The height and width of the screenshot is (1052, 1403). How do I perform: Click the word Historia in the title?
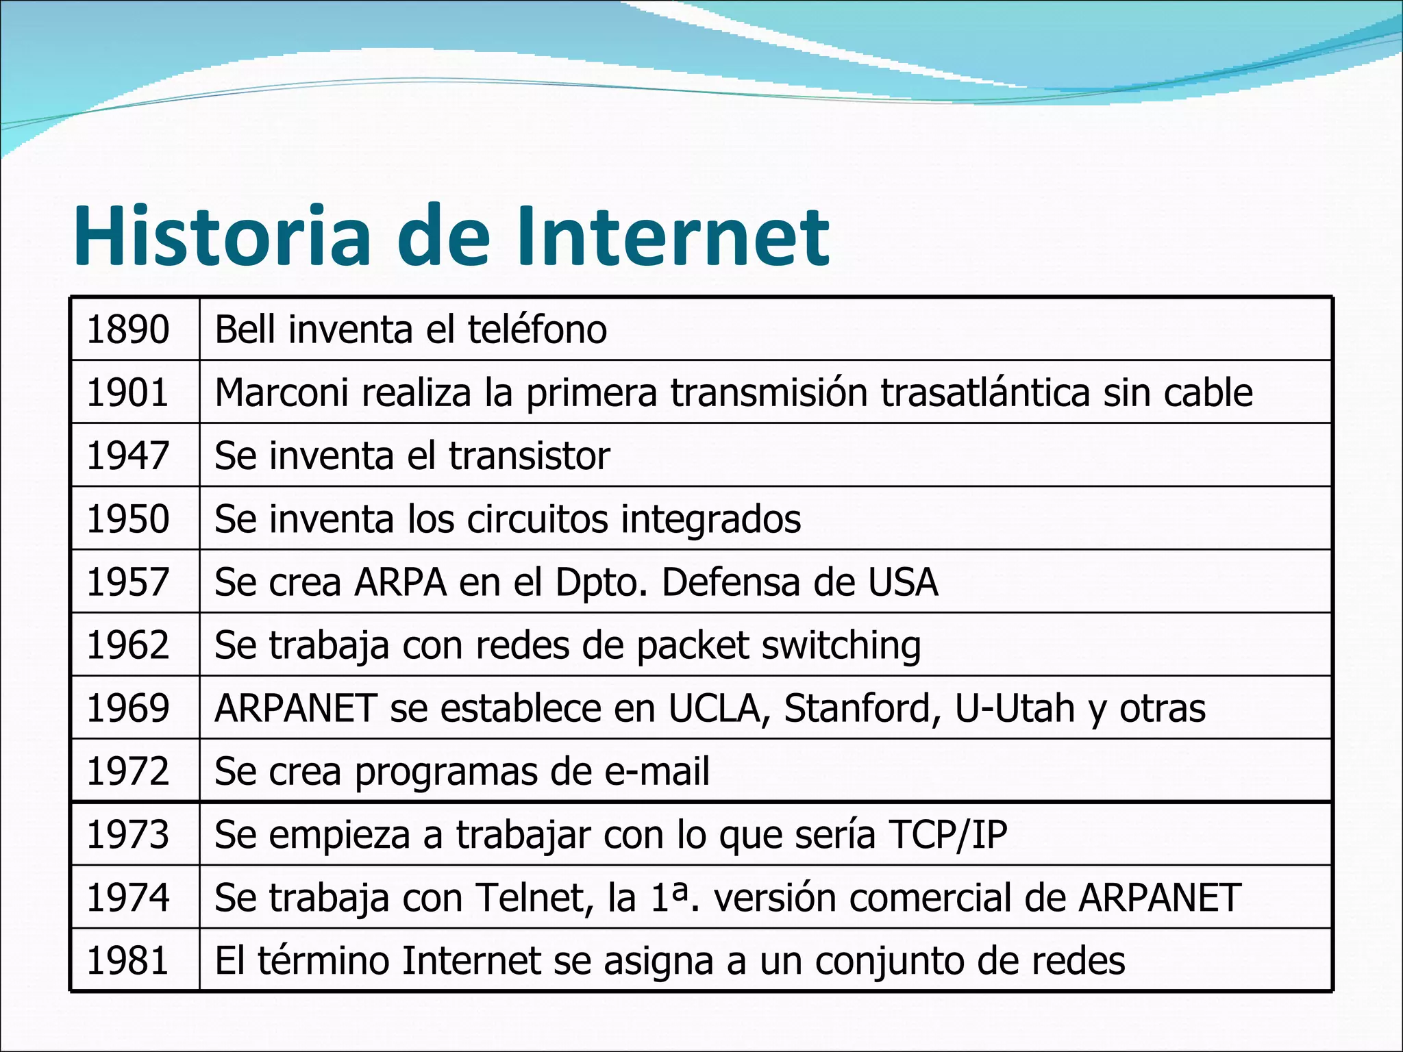pyautogui.click(x=221, y=236)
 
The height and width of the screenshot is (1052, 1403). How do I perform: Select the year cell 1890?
pyautogui.click(x=128, y=329)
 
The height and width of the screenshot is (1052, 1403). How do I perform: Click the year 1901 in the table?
pyautogui.click(x=128, y=392)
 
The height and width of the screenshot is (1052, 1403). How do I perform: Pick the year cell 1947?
pyautogui.click(x=128, y=456)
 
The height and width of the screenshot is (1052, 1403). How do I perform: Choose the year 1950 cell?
pyautogui.click(x=128, y=519)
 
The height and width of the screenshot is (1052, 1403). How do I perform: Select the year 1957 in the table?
pyautogui.click(x=128, y=582)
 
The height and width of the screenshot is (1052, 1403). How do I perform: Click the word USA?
pyautogui.click(x=903, y=582)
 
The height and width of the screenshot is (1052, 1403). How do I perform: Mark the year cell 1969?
pyautogui.click(x=128, y=708)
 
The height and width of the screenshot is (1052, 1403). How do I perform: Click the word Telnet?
pyautogui.click(x=534, y=898)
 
